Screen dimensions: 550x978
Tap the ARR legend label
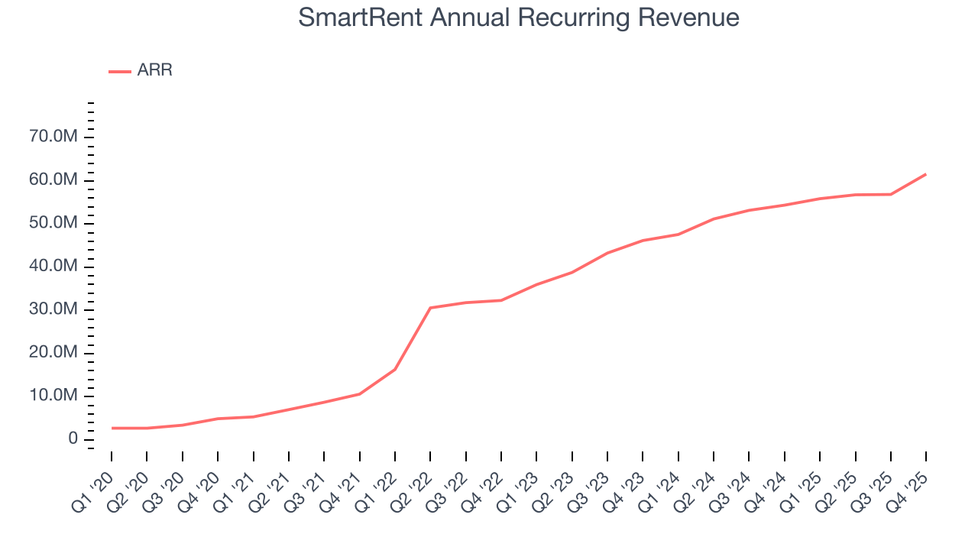pyautogui.click(x=154, y=70)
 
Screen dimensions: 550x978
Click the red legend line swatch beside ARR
pyautogui.click(x=120, y=71)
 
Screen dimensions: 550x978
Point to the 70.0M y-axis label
pyautogui.click(x=52, y=137)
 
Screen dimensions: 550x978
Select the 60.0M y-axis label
pyautogui.click(x=52, y=180)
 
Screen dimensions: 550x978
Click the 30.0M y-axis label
pyautogui.click(x=52, y=309)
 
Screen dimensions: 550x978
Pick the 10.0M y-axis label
pyautogui.click(x=52, y=396)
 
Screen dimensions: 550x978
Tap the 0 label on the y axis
pyautogui.click(x=73, y=438)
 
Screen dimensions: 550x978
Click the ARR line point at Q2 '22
pyautogui.click(x=430, y=308)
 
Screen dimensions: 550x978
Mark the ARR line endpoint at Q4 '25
pyautogui.click(x=926, y=174)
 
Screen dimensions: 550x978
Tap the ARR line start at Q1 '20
pyautogui.click(x=112, y=428)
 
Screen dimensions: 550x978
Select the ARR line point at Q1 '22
pyautogui.click(x=395, y=369)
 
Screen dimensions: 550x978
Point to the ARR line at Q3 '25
pyautogui.click(x=891, y=194)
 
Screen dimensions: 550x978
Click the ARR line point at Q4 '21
pyautogui.click(x=359, y=393)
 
